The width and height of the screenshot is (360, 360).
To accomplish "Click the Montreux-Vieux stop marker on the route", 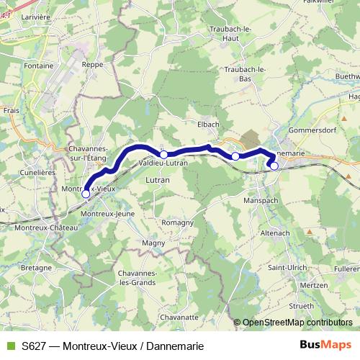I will coord(86,194).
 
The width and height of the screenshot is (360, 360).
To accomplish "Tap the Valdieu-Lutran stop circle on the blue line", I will coord(163,154).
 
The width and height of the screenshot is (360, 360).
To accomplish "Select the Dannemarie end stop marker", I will coord(274,166).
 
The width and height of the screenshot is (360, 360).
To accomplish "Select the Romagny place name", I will coord(177,222).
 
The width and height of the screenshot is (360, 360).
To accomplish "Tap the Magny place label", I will coord(154,244).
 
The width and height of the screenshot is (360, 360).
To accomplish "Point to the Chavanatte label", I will coord(179,316).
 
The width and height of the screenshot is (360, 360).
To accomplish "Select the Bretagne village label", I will coord(37,267).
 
